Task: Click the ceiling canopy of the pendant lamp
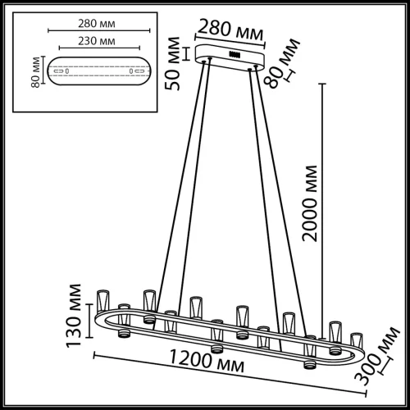(x=231, y=60)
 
